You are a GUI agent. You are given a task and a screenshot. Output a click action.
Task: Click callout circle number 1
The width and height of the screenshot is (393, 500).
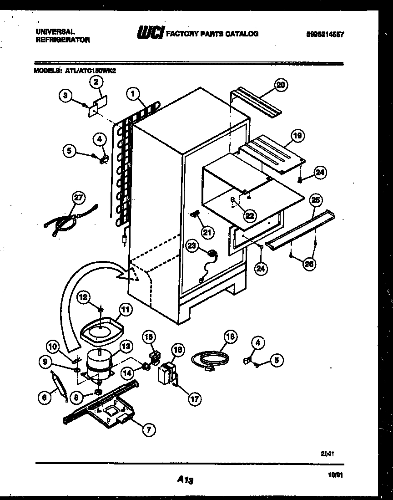[132, 94]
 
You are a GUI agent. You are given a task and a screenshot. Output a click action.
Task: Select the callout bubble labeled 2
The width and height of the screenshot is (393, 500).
[96, 82]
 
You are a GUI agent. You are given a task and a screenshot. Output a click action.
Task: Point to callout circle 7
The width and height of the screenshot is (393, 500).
[148, 429]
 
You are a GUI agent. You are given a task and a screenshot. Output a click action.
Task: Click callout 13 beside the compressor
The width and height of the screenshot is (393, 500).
[126, 347]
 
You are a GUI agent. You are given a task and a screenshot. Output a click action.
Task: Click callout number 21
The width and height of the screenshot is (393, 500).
[207, 233]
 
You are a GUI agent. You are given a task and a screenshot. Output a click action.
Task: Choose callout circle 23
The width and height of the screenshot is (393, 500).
[192, 246]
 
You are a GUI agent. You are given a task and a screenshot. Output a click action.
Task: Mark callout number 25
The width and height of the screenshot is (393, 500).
[315, 200]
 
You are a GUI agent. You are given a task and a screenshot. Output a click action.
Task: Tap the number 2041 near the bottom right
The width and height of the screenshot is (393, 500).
[327, 454]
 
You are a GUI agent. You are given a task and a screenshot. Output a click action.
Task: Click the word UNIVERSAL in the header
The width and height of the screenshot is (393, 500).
[55, 32]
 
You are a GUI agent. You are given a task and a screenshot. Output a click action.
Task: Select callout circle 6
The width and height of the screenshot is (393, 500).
[44, 398]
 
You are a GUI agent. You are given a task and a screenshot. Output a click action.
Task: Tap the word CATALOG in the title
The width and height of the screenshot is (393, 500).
[242, 34]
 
